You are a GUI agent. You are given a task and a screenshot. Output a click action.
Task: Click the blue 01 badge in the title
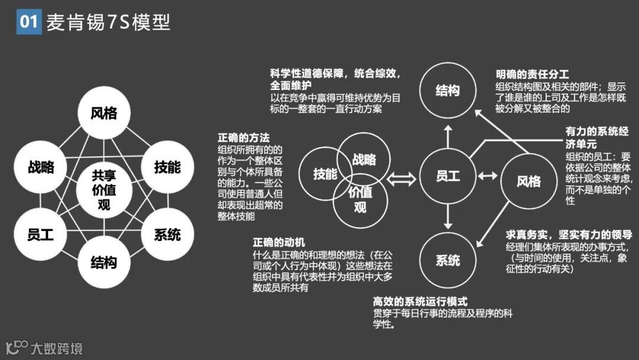(28, 22)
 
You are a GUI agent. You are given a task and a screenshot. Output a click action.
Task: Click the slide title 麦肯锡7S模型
(108, 22)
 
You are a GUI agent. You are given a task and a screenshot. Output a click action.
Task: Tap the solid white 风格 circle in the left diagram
(104, 112)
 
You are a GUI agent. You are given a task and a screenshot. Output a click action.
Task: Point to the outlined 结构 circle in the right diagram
(447, 90)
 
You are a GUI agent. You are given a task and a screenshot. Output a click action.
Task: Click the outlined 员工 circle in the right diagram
(447, 176)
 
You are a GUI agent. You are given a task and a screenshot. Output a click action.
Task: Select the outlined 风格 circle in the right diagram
(528, 180)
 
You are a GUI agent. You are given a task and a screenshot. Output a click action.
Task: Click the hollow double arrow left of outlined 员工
(401, 176)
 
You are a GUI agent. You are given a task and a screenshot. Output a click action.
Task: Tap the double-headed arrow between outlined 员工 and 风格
(488, 176)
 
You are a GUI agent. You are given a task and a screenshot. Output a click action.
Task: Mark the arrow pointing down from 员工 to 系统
(447, 219)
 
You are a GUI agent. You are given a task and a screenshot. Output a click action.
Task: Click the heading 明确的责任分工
(532, 75)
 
